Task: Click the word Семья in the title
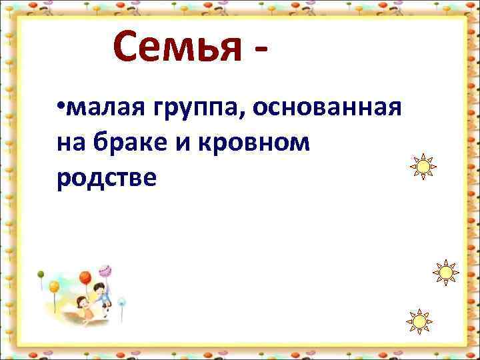click(177, 47)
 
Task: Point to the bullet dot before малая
click(60, 107)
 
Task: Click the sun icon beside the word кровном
click(422, 166)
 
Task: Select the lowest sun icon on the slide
click(419, 322)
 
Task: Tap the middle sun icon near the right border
click(445, 273)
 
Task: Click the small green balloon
click(41, 273)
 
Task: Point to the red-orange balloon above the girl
click(85, 277)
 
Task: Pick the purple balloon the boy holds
click(105, 270)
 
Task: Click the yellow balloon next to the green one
click(54, 286)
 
